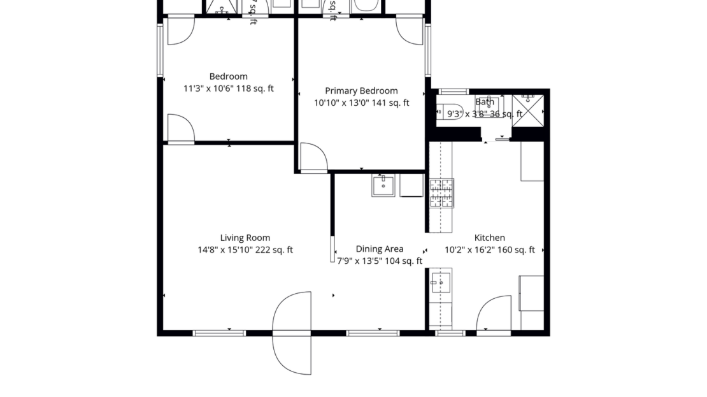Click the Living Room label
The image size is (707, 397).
click(x=245, y=238)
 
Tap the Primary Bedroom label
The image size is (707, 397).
click(x=361, y=91)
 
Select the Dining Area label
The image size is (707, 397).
click(x=379, y=249)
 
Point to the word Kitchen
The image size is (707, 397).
click(x=489, y=238)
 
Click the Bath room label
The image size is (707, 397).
click(x=485, y=102)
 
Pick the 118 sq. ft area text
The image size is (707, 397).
click(x=255, y=89)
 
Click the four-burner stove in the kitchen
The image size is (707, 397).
click(x=441, y=194)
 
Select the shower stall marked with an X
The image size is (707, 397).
click(x=528, y=110)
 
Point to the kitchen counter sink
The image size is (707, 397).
click(x=441, y=282)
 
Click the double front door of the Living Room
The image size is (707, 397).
click(x=292, y=333)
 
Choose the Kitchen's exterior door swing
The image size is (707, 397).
click(x=494, y=314)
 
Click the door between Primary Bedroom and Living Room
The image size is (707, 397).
click(x=313, y=158)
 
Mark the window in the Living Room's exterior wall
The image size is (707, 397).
click(x=219, y=333)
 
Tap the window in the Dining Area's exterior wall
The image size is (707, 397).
click(x=373, y=333)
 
